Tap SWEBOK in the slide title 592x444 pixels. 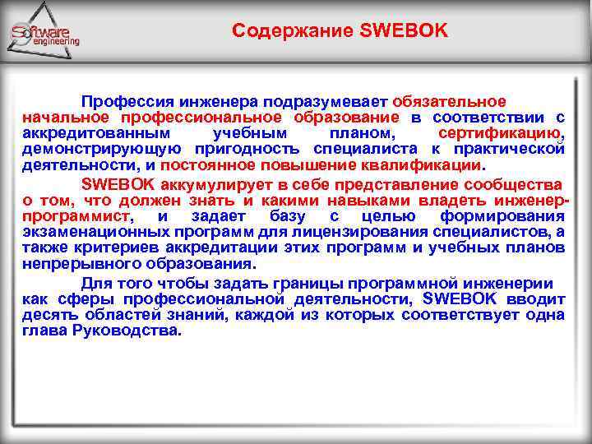[404, 31]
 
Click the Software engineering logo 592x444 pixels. [44, 34]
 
